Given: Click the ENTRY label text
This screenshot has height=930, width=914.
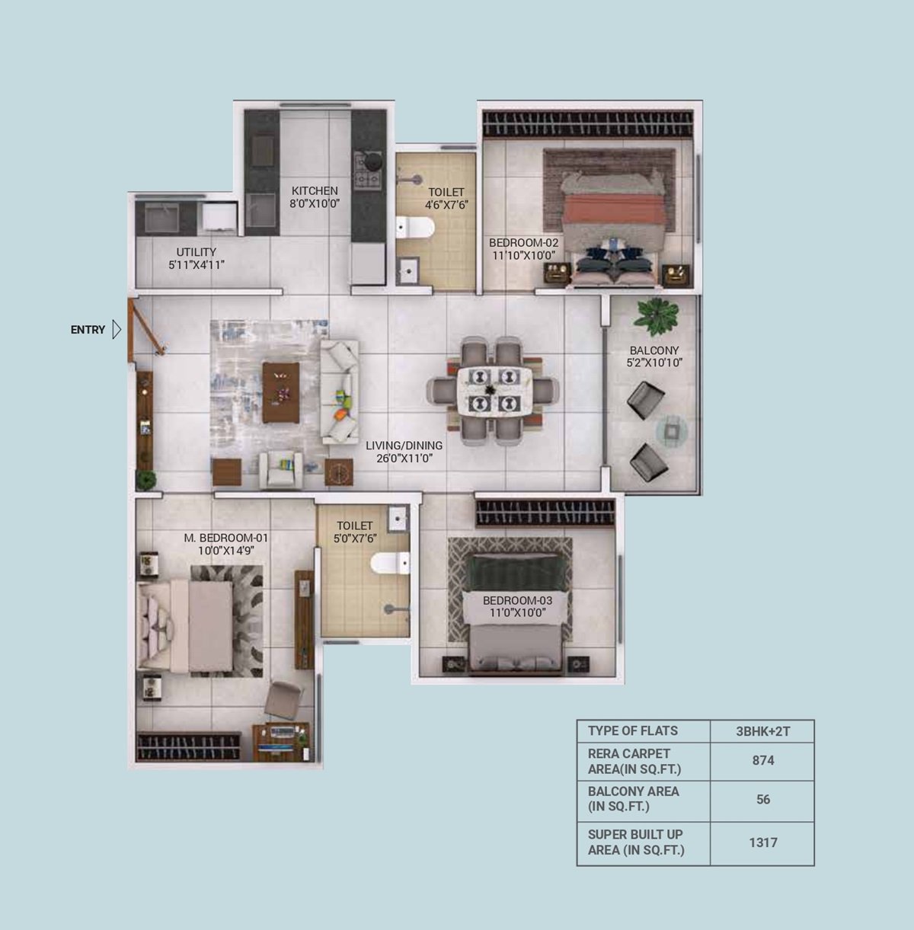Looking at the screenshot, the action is pyautogui.click(x=88, y=330).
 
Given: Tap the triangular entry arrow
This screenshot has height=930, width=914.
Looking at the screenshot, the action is pyautogui.click(x=117, y=330).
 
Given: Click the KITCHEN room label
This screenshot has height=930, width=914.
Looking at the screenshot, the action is pyautogui.click(x=315, y=190).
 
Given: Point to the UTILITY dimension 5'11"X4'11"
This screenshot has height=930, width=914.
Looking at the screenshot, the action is pyautogui.click(x=197, y=264).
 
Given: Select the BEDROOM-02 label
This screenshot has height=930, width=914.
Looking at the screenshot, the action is pyautogui.click(x=523, y=243).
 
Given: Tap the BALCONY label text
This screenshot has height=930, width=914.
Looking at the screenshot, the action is pyautogui.click(x=654, y=350).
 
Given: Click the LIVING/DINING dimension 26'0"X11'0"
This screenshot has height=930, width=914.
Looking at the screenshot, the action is pyautogui.click(x=404, y=458).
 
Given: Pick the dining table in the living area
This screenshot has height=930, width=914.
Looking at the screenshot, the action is pyautogui.click(x=494, y=391).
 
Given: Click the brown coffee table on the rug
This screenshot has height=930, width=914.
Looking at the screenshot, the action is pyautogui.click(x=280, y=392).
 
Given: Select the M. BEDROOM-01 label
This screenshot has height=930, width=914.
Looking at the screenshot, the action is pyautogui.click(x=226, y=538).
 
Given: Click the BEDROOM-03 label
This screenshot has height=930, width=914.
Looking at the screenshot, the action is pyautogui.click(x=518, y=600).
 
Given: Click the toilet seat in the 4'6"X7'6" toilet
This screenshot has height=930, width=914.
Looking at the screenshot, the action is pyautogui.click(x=415, y=227).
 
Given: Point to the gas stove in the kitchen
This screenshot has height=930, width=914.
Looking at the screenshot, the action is pyautogui.click(x=369, y=170).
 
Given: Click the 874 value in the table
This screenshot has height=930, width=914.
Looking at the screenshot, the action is pyautogui.click(x=763, y=761).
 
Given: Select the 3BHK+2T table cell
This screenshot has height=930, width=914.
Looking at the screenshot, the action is pyautogui.click(x=763, y=732).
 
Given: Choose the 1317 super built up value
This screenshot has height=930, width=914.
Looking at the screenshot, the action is pyautogui.click(x=763, y=842).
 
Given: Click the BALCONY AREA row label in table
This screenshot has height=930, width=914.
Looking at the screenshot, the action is pyautogui.click(x=634, y=799).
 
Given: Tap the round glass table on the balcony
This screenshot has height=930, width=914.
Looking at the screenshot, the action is pyautogui.click(x=672, y=430).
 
